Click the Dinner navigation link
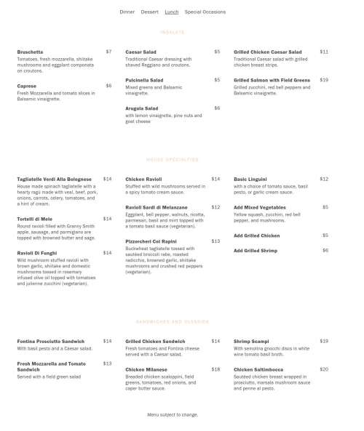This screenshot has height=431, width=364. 127,12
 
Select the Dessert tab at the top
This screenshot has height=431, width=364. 149,12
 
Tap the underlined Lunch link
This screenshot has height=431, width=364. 171,12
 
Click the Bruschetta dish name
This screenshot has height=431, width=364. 30,52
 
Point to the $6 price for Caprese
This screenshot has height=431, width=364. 108,86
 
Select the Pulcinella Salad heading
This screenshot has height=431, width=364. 144,80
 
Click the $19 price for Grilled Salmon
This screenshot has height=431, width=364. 324,80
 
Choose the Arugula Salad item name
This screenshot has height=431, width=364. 141,108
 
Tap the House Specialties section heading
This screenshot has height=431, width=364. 173,159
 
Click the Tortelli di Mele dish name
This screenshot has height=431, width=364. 34,219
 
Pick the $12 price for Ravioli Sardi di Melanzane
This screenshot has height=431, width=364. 215,207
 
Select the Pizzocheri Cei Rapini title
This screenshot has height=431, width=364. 151,241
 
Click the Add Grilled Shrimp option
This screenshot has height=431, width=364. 255,251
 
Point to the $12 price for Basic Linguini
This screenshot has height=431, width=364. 324,179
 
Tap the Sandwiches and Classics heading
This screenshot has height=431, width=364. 173,321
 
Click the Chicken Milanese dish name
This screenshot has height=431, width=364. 146,369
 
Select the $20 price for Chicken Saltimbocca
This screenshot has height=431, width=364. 324,369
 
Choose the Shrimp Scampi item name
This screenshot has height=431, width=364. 251,341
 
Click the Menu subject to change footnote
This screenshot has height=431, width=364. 173,414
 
